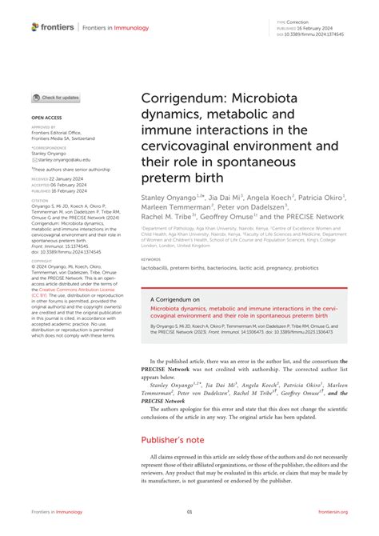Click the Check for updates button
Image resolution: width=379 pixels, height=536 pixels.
point(56,98)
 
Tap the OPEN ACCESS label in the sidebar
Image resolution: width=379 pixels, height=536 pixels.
point(47,118)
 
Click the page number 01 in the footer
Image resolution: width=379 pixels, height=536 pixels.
point(189,513)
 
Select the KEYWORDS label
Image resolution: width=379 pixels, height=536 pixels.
point(150,259)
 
